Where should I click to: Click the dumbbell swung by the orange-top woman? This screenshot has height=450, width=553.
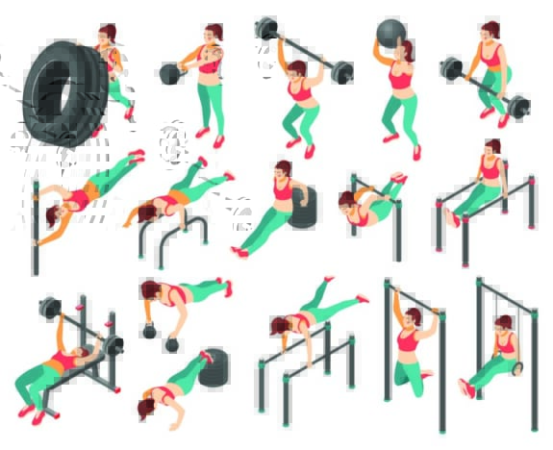171,73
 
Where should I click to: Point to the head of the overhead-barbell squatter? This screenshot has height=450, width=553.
297,69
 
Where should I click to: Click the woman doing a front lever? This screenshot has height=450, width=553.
370,198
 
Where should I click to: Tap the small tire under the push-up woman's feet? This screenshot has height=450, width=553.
214,366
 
